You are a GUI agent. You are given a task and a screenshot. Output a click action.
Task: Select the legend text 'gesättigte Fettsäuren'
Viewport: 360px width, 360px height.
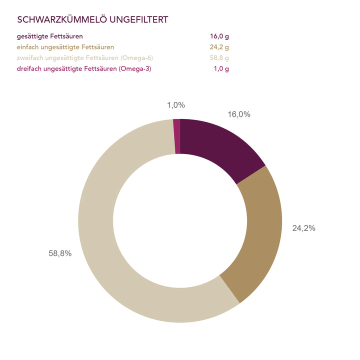pos(50,36)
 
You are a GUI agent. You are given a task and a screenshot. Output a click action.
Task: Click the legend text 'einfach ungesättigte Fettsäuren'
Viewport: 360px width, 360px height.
pos(65,47)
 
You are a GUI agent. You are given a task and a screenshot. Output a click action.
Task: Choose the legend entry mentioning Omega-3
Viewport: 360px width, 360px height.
pos(84,68)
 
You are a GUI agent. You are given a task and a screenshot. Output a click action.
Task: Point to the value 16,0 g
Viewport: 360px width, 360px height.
pos(219,36)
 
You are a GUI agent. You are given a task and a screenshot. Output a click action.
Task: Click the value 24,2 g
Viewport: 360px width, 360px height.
pos(219,47)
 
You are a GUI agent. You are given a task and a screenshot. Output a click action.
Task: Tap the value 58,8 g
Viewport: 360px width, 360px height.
pos(219,58)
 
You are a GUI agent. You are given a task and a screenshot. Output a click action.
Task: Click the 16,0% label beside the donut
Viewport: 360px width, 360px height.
pos(239,114)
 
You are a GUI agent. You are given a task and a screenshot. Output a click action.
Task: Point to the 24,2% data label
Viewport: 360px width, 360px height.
pos(303,228)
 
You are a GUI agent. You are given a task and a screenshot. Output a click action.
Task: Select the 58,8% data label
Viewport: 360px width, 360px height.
pos(60,253)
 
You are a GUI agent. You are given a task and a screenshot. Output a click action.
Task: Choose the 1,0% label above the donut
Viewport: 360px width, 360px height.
pos(175,105)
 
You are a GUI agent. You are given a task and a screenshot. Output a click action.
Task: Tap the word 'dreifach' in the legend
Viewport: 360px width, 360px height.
pos(29,68)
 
